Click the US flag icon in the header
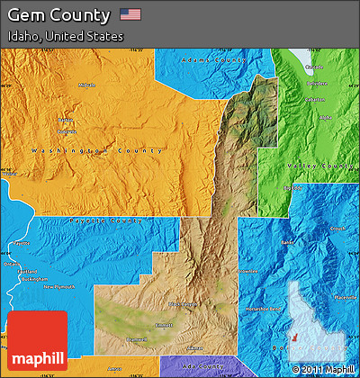point(130,14)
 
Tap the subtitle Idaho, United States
point(64,37)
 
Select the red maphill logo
point(37,342)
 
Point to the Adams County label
point(213,60)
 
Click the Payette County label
point(94,220)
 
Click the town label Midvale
point(86,85)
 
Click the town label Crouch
point(337,229)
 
